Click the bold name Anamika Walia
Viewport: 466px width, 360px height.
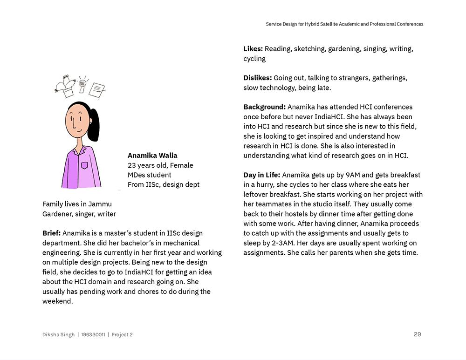[x=152, y=156]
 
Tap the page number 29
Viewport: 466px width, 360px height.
[x=417, y=334]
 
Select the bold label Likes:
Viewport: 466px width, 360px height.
[x=253, y=49]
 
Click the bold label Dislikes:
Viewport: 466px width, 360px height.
[x=257, y=78]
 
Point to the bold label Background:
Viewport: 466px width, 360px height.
[x=264, y=107]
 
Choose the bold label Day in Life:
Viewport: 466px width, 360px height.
[x=261, y=175]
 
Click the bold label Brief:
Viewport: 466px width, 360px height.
[x=51, y=233]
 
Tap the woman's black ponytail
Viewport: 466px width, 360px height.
[x=93, y=125]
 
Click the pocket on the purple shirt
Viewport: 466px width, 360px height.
[x=84, y=165]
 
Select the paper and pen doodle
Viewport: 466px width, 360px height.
[x=97, y=89]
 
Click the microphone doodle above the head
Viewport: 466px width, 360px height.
[x=82, y=84]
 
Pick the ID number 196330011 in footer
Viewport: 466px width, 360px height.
[x=93, y=334]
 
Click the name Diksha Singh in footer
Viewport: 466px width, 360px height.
[x=58, y=334]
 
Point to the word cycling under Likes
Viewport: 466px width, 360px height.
[x=254, y=59]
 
